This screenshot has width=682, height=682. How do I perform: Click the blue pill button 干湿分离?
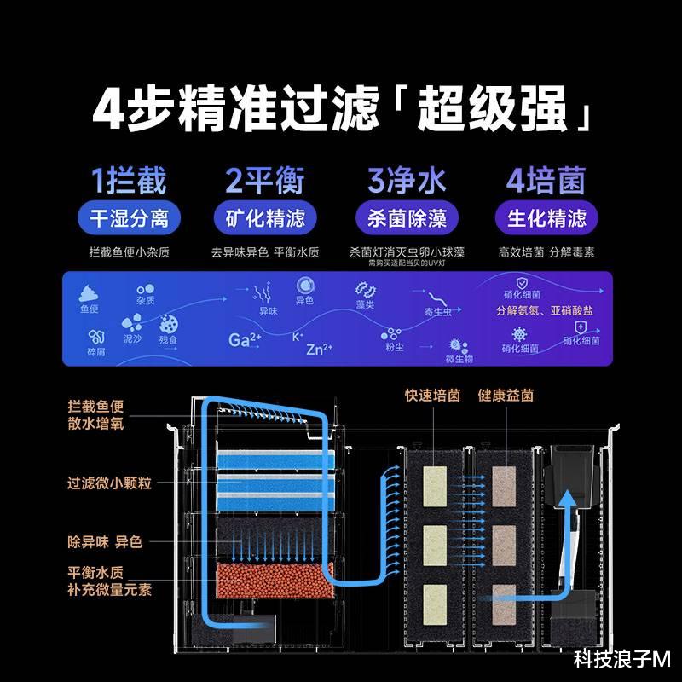pyautogui.click(x=130, y=218)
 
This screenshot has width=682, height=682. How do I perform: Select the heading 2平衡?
pyautogui.click(x=264, y=181)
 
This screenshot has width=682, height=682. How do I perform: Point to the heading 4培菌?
pyautogui.click(x=546, y=181)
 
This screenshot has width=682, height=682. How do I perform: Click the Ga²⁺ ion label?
pyautogui.click(x=245, y=338)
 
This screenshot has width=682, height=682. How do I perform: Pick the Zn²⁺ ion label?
pyautogui.click(x=319, y=349)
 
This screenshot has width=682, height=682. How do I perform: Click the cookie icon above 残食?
pyautogui.click(x=168, y=324)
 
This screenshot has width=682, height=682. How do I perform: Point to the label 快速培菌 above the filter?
pyautogui.click(x=433, y=396)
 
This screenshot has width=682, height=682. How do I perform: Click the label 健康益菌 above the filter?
pyautogui.click(x=506, y=396)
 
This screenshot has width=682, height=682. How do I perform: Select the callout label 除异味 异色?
pyautogui.click(x=105, y=542)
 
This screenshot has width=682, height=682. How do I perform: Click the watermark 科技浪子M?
pyautogui.click(x=622, y=659)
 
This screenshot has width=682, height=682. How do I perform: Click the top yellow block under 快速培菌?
pyautogui.click(x=435, y=483)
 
